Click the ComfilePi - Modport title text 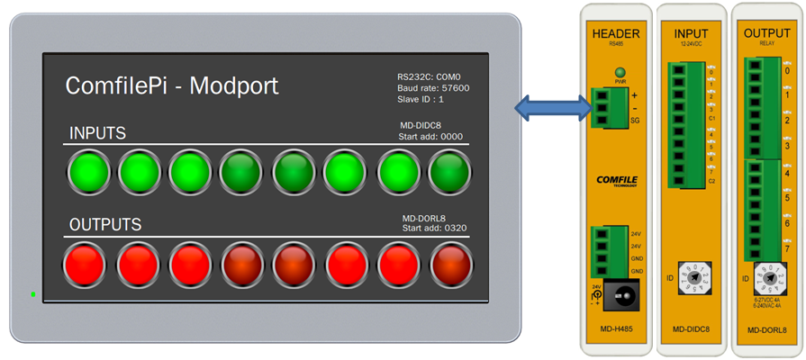click(x=172, y=86)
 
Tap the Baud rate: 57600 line click(x=432, y=88)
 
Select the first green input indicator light click(x=88, y=172)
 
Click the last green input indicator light click(x=449, y=172)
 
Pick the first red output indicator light click(x=85, y=265)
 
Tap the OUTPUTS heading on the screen click(x=105, y=224)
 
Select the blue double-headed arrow click(x=552, y=109)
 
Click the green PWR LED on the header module click(x=620, y=71)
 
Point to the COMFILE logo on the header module click(x=617, y=180)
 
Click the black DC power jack click(x=621, y=293)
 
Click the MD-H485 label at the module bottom click(x=616, y=329)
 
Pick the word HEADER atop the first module click(x=616, y=34)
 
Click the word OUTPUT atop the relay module click(x=767, y=33)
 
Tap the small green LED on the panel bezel click(x=33, y=294)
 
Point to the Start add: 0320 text click(x=432, y=229)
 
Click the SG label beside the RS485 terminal click(x=635, y=120)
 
